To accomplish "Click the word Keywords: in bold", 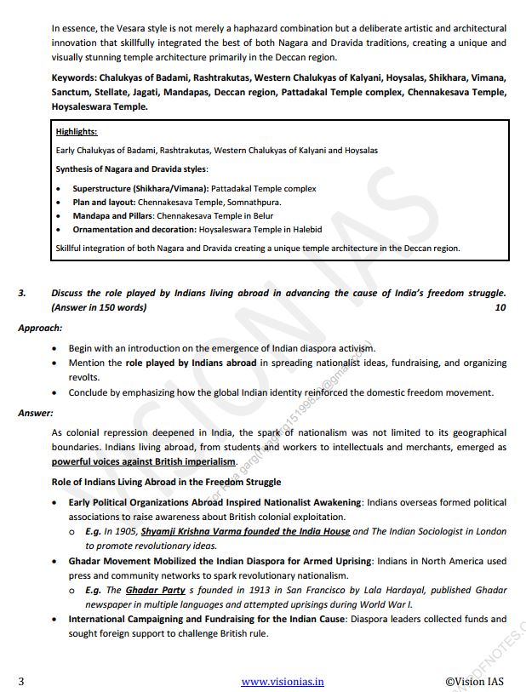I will point(74,77).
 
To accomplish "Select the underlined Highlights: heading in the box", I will point(76,132).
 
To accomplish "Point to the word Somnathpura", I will point(254,202).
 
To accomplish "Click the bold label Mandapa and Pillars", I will point(113,215).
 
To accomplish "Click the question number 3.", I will point(21,293).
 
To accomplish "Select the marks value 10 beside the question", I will point(500,307).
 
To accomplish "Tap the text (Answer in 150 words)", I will point(99,307).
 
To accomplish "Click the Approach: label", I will point(40,327).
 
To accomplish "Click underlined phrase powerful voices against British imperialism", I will point(144,460).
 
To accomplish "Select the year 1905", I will point(123,530).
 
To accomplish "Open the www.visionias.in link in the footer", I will point(283,681).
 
